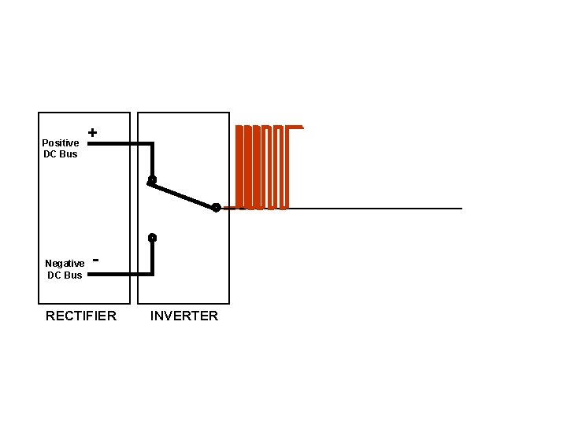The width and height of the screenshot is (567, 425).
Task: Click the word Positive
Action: pyautogui.click(x=61, y=142)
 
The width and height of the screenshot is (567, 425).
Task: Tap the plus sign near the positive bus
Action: pyautogui.click(x=93, y=133)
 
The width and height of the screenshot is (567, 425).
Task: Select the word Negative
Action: pyautogui.click(x=65, y=263)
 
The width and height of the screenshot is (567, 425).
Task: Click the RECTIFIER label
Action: pyautogui.click(x=81, y=316)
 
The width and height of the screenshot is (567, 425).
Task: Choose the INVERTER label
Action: pyautogui.click(x=184, y=316)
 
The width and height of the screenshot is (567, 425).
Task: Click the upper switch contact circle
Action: pyautogui.click(x=152, y=180)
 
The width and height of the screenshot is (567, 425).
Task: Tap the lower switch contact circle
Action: pyautogui.click(x=152, y=237)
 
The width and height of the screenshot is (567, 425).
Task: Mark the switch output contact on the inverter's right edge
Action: pyautogui.click(x=216, y=208)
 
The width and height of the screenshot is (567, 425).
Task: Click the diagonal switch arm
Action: pyautogui.click(x=183, y=194)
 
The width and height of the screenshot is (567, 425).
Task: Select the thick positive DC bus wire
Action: pyautogui.click(x=118, y=144)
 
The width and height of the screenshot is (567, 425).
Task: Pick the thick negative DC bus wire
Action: pyautogui.click(x=118, y=274)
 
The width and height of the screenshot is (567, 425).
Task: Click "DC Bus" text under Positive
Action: pyautogui.click(x=61, y=153)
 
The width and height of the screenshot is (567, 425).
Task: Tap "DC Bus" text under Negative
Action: pyautogui.click(x=65, y=275)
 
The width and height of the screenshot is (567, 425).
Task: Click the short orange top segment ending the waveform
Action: pyautogui.click(x=296, y=126)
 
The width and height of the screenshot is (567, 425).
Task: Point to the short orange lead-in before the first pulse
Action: pyautogui.click(x=230, y=209)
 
